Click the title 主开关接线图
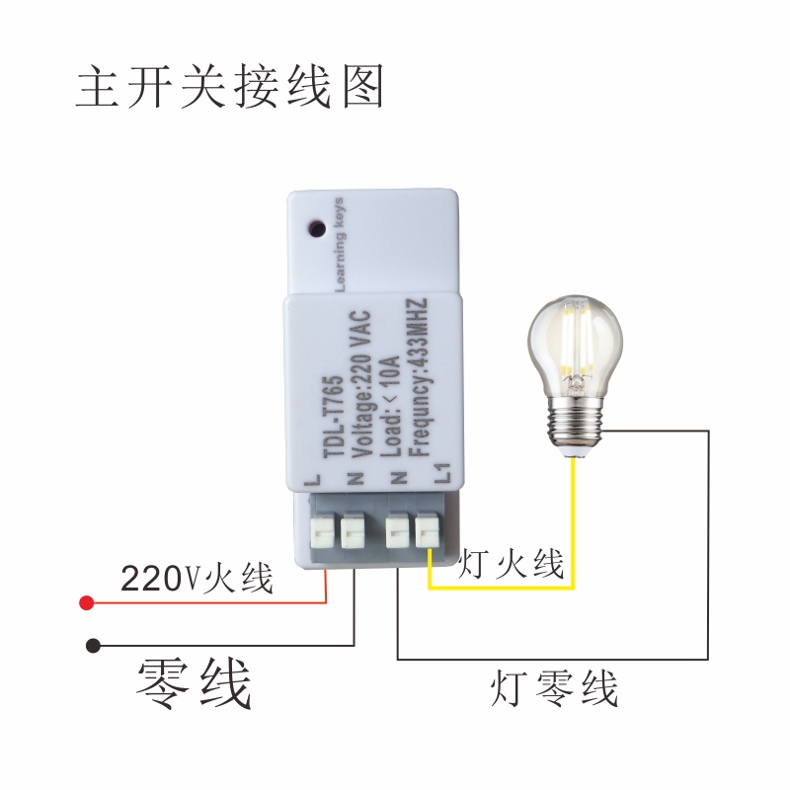[229, 88]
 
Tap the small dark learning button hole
[317, 227]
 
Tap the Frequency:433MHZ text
[416, 375]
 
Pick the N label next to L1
[400, 479]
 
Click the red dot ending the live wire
[87, 601]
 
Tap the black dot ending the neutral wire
[92, 645]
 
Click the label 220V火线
[197, 577]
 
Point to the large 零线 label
[194, 683]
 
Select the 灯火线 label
[511, 565]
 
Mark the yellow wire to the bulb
[574, 523]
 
